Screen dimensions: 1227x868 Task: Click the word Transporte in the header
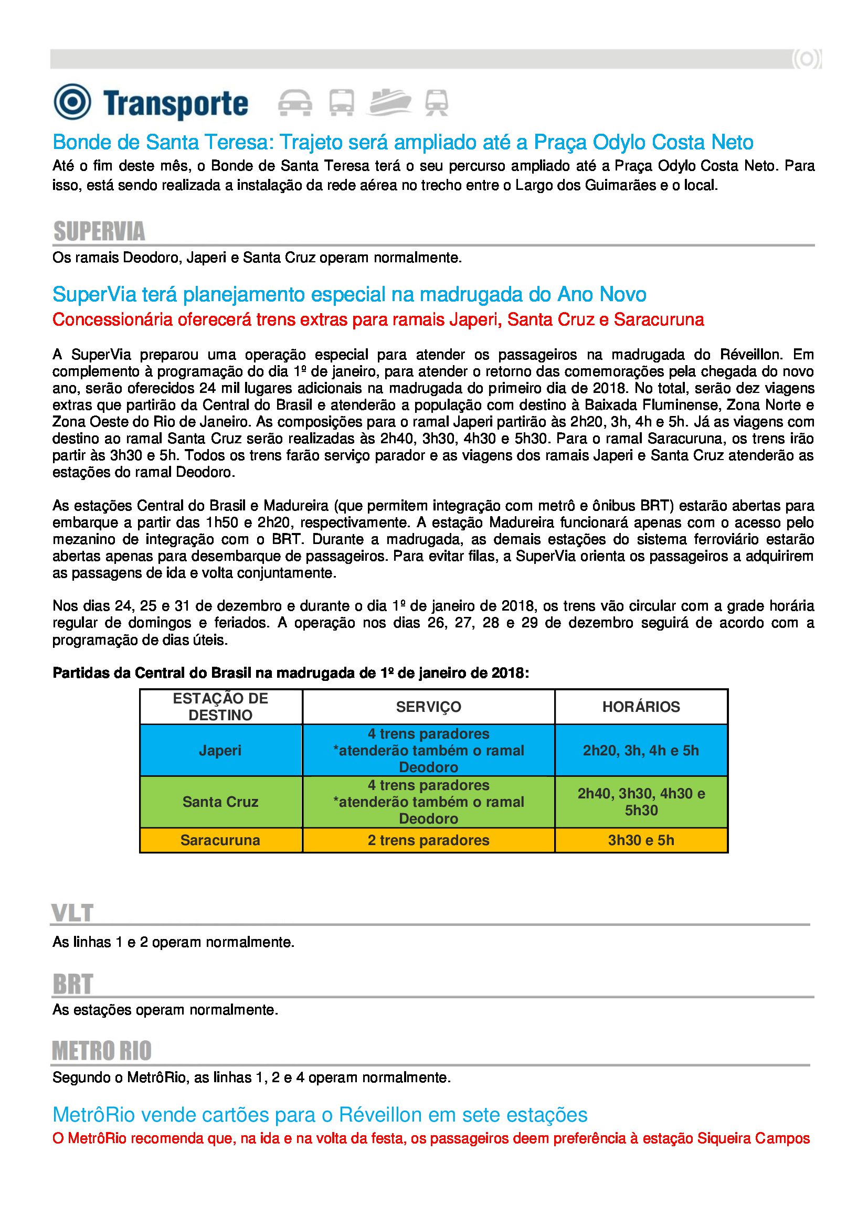click(176, 104)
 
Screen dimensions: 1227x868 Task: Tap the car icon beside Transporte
click(295, 102)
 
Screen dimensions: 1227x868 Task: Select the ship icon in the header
click(389, 101)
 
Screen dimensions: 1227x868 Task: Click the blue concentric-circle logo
click(72, 102)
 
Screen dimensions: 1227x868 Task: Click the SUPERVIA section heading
click(99, 231)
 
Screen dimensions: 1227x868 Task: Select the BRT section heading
click(73, 984)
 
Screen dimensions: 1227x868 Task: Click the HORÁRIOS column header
click(641, 707)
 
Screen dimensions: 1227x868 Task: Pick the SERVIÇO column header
click(428, 707)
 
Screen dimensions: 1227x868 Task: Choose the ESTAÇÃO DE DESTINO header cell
click(220, 707)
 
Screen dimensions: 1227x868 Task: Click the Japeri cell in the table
click(220, 750)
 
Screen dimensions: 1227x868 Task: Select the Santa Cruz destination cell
click(220, 802)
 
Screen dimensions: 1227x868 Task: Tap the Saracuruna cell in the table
click(220, 840)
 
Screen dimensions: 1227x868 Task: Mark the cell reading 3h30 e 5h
click(641, 840)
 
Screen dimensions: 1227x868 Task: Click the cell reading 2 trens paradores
click(428, 840)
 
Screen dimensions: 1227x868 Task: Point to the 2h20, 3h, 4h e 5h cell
click(641, 750)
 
